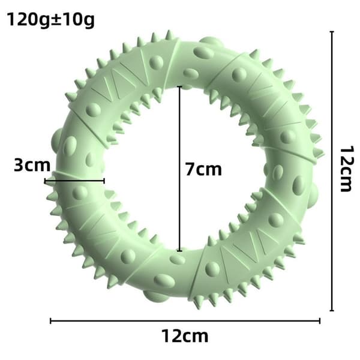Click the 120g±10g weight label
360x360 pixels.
point(51,20)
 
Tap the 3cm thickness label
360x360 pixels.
point(32,165)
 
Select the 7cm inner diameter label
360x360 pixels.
point(203,169)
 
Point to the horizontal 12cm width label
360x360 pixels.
point(185,336)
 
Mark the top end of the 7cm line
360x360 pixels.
point(180,87)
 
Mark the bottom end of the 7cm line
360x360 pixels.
point(180,250)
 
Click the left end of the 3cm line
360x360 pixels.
point(46,181)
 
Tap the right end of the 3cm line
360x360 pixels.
point(104,181)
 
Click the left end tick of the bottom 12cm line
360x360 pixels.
point(51,321)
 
